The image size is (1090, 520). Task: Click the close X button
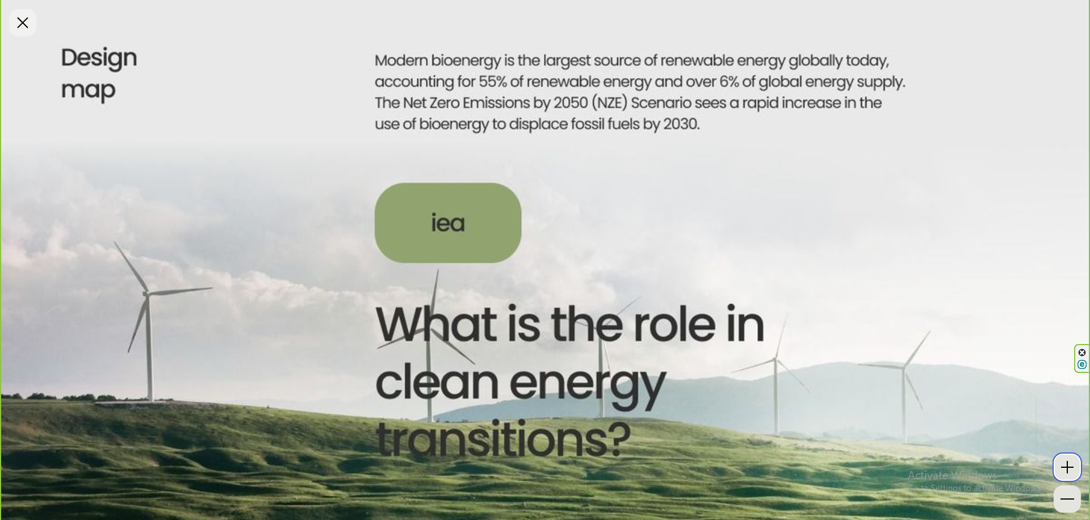click(23, 23)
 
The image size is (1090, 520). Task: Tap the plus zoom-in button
click(1067, 467)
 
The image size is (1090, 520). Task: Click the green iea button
click(448, 223)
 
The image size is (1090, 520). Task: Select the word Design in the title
click(99, 58)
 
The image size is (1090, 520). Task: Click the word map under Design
click(88, 90)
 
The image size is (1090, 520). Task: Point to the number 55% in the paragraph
click(492, 82)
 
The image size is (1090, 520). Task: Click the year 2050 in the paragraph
click(571, 103)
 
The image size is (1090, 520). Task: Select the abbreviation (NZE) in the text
click(610, 103)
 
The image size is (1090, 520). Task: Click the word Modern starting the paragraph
click(401, 60)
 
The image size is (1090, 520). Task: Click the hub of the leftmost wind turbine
click(146, 294)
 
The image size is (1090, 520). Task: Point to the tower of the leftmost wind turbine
click(149, 349)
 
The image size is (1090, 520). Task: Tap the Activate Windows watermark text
click(952, 475)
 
